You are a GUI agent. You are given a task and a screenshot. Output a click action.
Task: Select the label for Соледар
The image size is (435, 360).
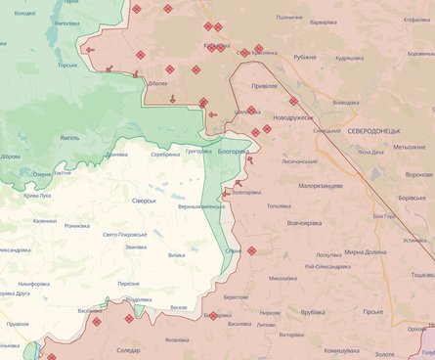tap(127, 349)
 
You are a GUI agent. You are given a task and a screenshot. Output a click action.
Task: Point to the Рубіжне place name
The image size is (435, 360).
tap(304, 57)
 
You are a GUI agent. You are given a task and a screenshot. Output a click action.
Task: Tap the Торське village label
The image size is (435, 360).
tap(67, 66)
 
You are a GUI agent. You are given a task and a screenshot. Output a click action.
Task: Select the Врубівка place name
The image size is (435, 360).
tap(313, 312)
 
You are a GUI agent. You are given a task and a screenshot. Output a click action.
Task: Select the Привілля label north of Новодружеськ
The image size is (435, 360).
tap(263, 85)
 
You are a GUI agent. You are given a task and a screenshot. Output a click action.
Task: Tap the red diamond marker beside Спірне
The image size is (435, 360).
tap(251, 250)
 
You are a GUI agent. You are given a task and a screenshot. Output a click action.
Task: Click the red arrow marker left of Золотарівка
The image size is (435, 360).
tap(226, 194)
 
